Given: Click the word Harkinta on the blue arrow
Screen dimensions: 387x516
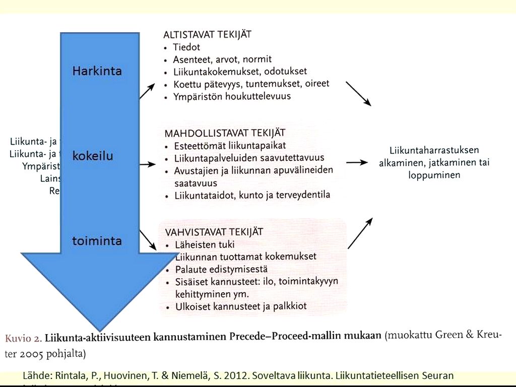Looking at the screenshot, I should pyautogui.click(x=97, y=71).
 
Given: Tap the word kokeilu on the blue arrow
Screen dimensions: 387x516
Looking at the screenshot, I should pyautogui.click(x=93, y=156).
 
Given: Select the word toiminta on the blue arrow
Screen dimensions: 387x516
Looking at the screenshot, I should pyautogui.click(x=97, y=241).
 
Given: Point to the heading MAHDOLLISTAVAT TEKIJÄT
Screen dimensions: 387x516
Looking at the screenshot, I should pyautogui.click(x=225, y=134).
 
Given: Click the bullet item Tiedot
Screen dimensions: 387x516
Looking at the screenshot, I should pyautogui.click(x=186, y=47).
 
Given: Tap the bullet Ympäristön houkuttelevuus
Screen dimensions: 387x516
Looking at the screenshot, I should pyautogui.click(x=232, y=96).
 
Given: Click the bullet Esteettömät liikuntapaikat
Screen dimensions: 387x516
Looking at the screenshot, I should pyautogui.click(x=230, y=147).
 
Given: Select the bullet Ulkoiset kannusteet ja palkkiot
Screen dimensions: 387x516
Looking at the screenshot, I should pyautogui.click(x=240, y=306).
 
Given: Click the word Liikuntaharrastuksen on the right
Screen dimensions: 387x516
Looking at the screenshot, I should pyautogui.click(x=434, y=150).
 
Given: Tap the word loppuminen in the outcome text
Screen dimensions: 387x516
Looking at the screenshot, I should pyautogui.click(x=434, y=175).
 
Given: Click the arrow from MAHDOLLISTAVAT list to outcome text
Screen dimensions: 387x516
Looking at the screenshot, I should pyautogui.click(x=357, y=162).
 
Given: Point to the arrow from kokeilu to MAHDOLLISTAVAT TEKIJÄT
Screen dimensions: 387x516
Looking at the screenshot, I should pyautogui.click(x=147, y=164).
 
